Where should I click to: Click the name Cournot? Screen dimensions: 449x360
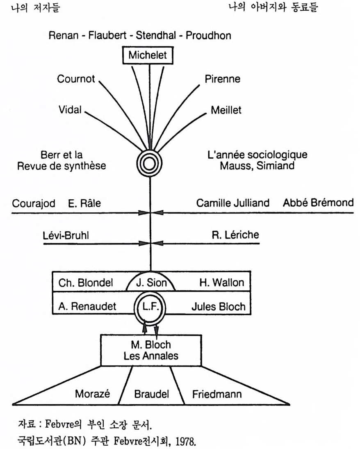tap(76, 79)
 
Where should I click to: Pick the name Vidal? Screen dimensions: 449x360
tap(71, 110)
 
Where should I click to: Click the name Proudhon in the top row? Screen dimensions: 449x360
tap(208, 35)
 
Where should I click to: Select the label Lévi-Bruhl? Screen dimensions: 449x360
tap(66, 235)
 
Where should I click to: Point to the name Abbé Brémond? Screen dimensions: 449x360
tap(318, 203)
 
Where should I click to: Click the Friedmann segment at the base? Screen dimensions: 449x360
tap(217, 394)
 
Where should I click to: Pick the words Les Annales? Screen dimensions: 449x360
tap(151, 356)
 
